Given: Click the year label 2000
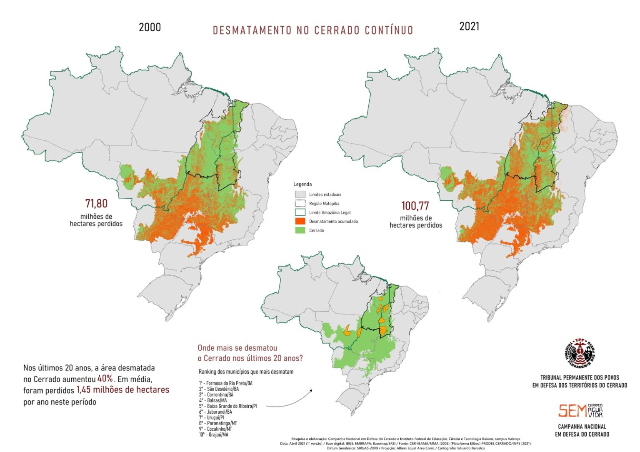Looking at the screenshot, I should tap(150, 27).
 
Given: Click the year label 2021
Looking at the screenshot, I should tap(469, 26).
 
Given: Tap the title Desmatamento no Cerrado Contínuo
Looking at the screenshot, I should tap(313, 30).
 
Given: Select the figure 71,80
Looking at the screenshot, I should tap(96, 204).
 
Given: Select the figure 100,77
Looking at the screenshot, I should tap(415, 206).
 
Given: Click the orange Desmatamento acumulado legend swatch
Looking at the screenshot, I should tap(300, 221).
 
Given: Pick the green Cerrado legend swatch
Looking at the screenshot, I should tap(300, 230).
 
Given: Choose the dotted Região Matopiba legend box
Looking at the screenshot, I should tap(300, 203).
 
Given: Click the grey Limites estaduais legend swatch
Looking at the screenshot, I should tap(300, 195).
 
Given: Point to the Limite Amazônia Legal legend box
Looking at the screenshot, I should tap(300, 212).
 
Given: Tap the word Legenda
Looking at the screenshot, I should tap(302, 184).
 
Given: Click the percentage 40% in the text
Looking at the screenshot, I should tap(105, 379).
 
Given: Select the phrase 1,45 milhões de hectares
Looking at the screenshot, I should tap(123, 390).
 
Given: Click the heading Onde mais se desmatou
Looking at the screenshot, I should tap(237, 348).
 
